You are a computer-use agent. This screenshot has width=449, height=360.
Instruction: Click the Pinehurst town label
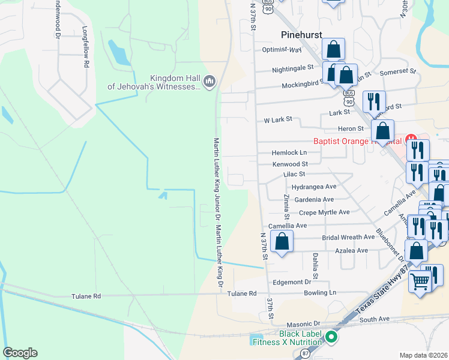pos(302,35)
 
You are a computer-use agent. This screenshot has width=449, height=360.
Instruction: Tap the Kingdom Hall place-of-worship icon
pos(209,81)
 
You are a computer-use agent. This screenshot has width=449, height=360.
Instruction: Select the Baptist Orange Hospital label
pos(357,142)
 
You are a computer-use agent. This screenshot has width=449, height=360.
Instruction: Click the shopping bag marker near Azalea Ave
pos(282,242)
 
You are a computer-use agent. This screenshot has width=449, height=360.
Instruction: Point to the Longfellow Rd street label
pos(86,46)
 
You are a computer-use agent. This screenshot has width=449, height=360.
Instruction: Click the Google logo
pos(20,353)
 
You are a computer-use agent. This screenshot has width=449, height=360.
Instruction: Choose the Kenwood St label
pos(290,164)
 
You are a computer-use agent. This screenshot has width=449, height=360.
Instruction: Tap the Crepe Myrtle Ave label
pos(324,212)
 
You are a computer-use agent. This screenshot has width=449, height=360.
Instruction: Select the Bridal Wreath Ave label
pos(348,237)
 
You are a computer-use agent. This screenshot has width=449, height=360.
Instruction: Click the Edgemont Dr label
pos(292,281)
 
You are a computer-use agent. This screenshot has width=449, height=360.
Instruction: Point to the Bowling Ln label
pos(319,293)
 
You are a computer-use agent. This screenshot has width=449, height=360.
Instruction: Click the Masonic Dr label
pos(296,323)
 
